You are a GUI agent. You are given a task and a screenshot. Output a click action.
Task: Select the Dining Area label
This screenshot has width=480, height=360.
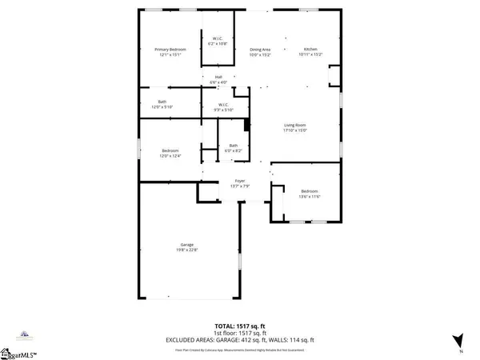pos(260,50)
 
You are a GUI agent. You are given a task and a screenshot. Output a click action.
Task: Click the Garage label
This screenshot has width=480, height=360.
pos(187,244)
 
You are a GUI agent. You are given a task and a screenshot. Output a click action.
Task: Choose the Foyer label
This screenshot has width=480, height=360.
pos(238,181)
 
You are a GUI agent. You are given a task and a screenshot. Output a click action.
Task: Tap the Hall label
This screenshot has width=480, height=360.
pos(218,77)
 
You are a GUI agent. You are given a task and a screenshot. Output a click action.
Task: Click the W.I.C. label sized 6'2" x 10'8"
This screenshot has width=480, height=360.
pos(218,39)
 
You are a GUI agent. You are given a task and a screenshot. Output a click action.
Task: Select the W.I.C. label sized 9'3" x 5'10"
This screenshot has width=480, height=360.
pos(224,104)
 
